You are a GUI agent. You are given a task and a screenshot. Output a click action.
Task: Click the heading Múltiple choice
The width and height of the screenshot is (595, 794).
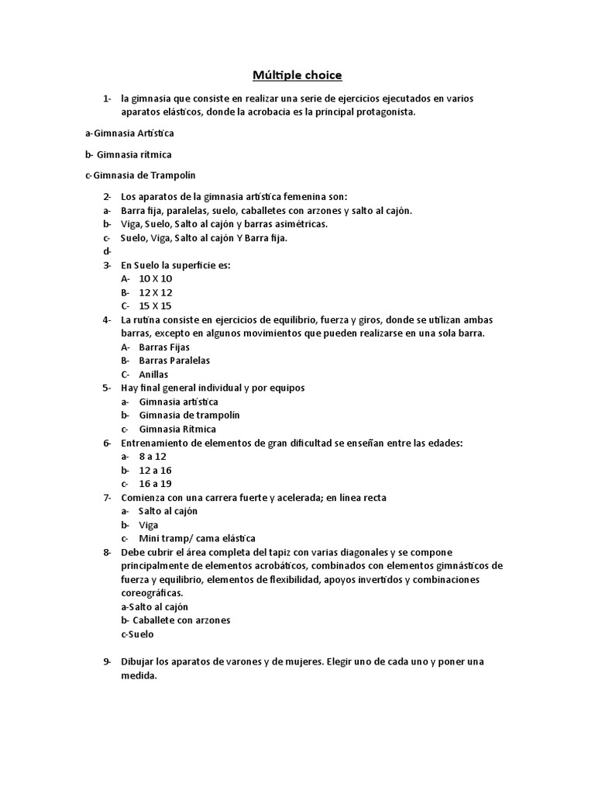297,75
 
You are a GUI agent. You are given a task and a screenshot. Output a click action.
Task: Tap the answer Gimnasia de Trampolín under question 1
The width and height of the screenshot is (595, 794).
137,175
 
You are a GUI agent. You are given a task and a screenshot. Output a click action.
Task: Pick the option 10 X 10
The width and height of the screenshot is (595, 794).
156,278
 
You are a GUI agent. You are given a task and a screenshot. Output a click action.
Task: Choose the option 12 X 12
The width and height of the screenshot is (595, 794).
156,292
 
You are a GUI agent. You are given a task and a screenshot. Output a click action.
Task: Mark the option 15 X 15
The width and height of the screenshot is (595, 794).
156,306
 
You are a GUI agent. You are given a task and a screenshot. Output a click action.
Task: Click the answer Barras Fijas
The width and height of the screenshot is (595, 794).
164,347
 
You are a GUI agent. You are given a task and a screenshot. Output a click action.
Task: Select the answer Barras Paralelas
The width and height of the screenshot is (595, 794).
174,361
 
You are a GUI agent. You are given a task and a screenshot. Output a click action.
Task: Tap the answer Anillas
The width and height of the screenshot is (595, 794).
153,375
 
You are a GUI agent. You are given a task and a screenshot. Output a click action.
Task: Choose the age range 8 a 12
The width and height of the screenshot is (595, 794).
153,457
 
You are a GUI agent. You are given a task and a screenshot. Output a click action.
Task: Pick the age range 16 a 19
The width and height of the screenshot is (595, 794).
155,484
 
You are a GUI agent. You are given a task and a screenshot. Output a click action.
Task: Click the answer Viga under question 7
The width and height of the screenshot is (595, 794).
148,525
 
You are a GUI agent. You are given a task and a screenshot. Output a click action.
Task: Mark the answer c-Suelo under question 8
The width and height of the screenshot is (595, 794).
138,634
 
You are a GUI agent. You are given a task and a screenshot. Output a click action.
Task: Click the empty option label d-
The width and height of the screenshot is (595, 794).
107,251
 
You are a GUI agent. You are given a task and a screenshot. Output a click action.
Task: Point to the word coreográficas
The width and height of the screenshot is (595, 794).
152,593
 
